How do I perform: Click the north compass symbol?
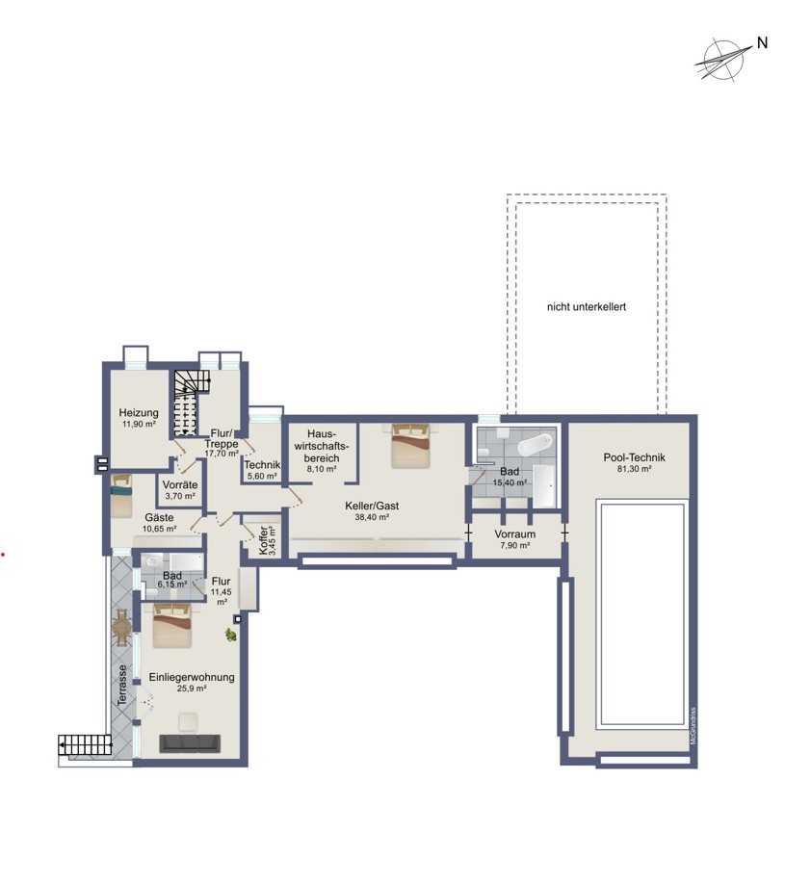[724, 59]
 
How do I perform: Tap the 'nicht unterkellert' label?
[586, 307]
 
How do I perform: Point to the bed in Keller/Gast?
[411, 446]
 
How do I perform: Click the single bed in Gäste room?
[121, 496]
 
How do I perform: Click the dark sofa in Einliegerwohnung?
[190, 743]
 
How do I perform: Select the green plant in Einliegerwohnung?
[230, 635]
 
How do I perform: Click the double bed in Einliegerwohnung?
[172, 625]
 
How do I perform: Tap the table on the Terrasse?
[121, 628]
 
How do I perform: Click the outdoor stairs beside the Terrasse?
[85, 744]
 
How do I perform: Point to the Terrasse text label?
[121, 685]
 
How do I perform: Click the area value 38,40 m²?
[372, 517]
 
